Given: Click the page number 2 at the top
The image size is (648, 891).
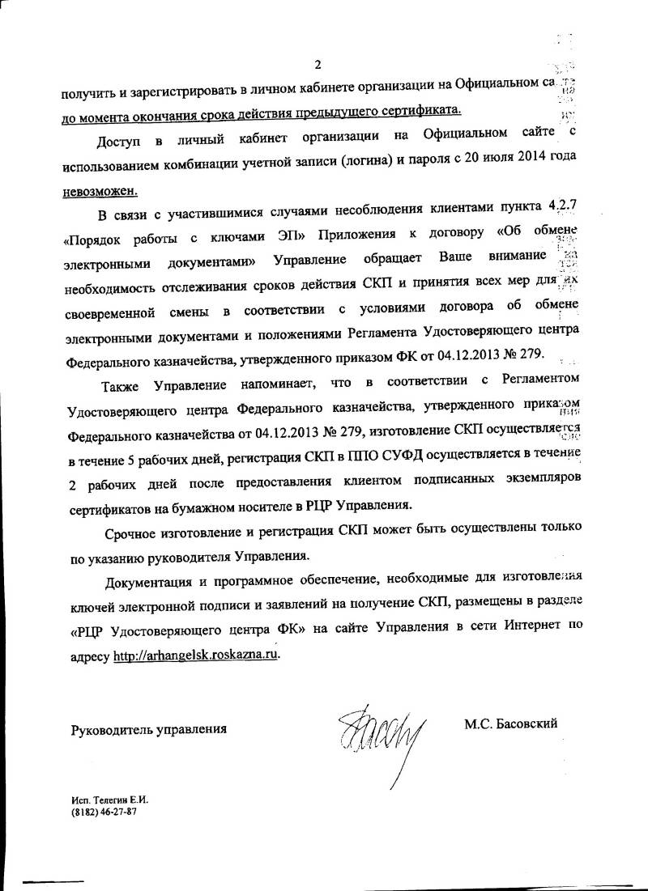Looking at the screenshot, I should pyautogui.click(x=319, y=65).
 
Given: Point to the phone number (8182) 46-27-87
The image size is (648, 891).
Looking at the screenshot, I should pyautogui.click(x=103, y=812).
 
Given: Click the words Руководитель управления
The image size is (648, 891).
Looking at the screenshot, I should pyautogui.click(x=148, y=728).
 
